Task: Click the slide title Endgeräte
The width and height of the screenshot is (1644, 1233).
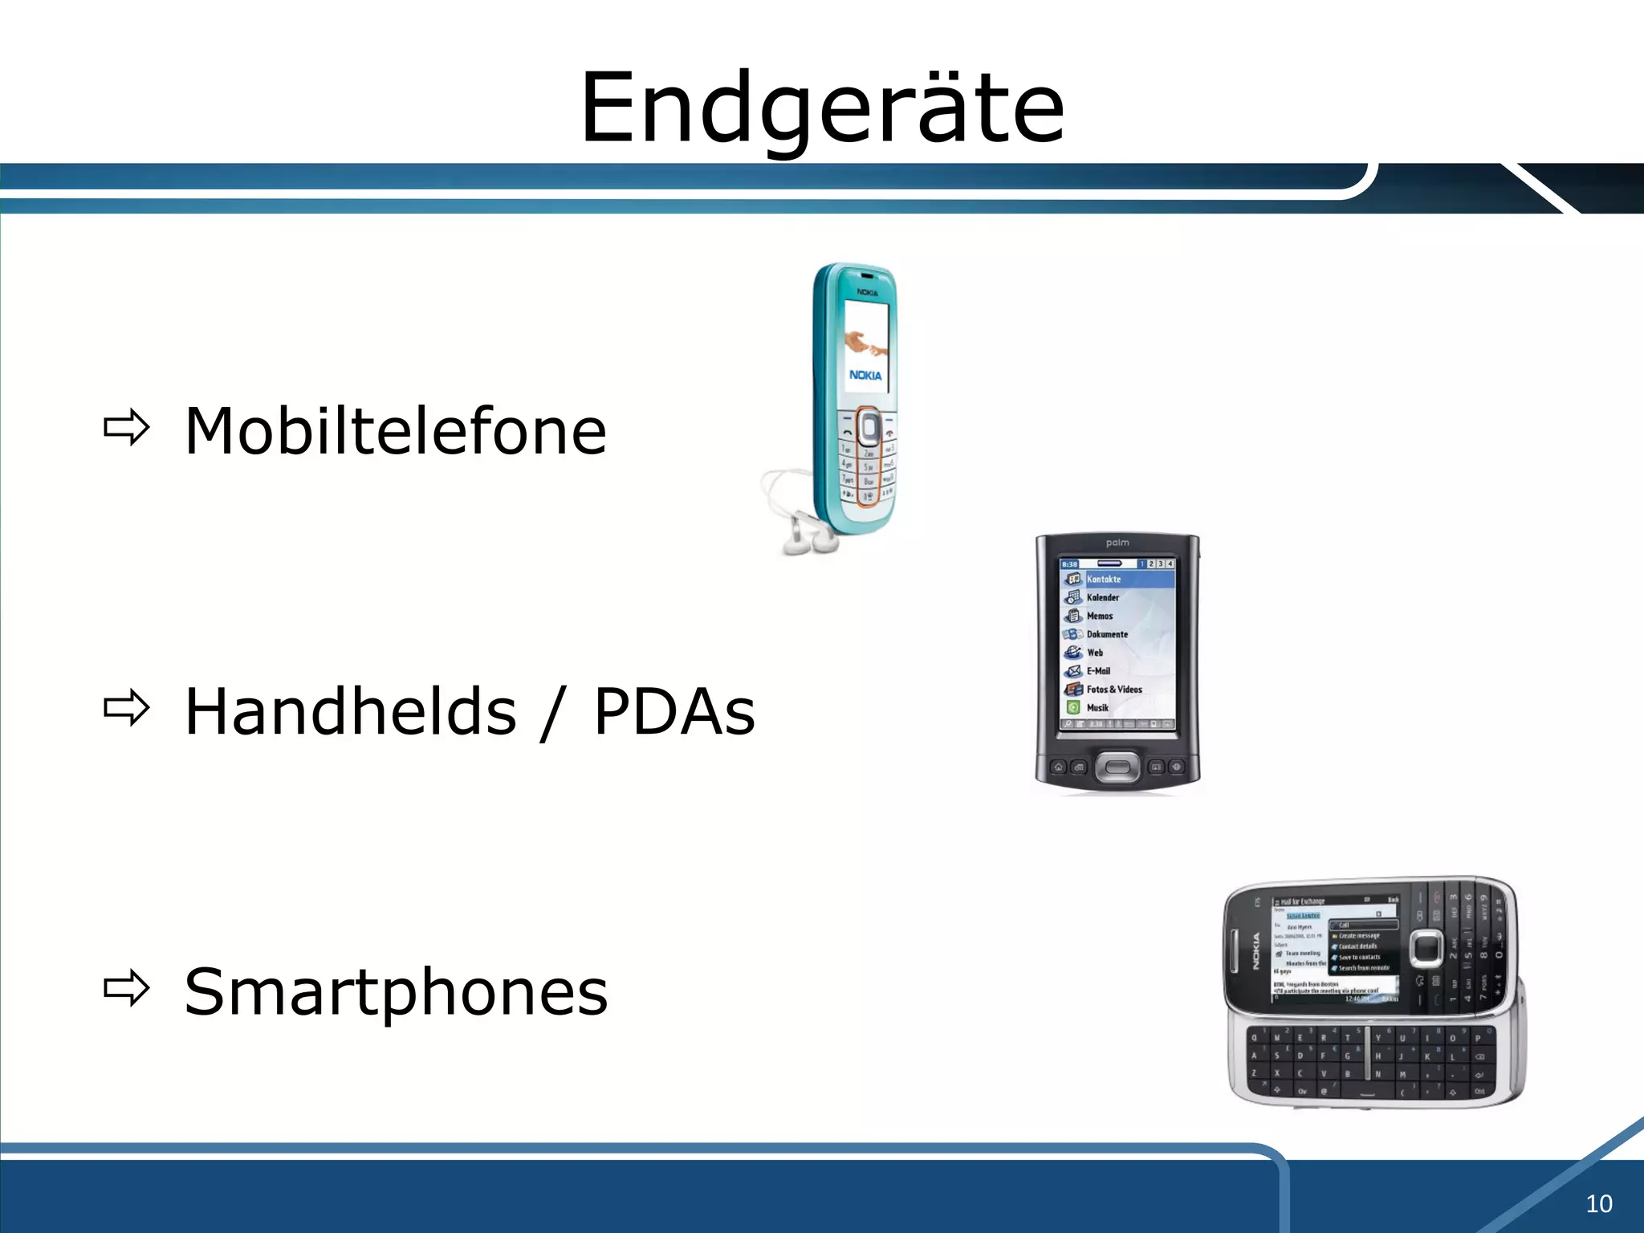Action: click(822, 108)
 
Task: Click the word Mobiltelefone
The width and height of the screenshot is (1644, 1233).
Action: click(395, 431)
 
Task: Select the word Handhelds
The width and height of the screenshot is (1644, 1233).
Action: click(351, 711)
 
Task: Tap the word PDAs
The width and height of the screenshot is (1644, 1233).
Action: click(674, 711)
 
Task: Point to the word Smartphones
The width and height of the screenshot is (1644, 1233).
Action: click(396, 992)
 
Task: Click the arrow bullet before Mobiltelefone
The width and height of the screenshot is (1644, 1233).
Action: click(127, 428)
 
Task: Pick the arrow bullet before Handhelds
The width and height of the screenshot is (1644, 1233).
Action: click(127, 708)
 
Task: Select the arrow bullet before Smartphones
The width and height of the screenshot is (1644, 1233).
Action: click(127, 989)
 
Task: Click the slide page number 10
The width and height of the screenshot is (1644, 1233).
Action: click(1598, 1203)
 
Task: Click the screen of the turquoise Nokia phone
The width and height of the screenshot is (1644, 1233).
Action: click(865, 345)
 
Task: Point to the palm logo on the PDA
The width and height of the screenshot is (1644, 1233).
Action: click(1117, 543)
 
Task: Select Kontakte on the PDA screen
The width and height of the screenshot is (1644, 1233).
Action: click(1104, 579)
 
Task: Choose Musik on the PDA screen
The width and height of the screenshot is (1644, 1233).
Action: click(1097, 707)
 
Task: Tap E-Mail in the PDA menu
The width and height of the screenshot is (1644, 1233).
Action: click(1098, 670)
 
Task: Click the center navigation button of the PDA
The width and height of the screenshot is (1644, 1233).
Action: click(1117, 767)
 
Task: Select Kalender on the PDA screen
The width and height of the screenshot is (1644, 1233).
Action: click(1102, 597)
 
